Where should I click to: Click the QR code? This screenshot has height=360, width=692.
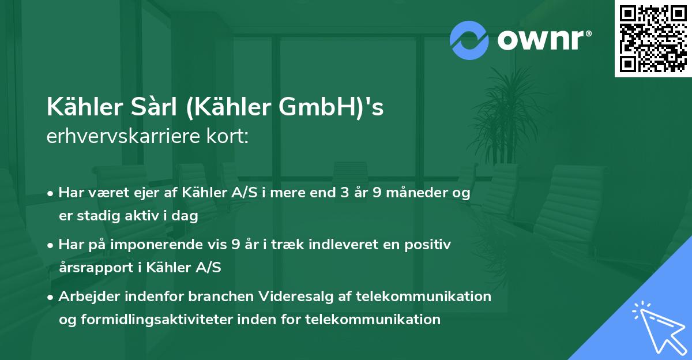[x=653, y=39]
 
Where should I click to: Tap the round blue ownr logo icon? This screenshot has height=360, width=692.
[x=469, y=40]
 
